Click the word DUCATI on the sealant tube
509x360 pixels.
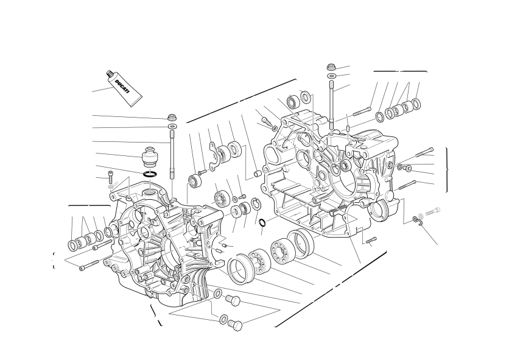(121, 86)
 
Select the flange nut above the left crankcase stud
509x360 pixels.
(172, 117)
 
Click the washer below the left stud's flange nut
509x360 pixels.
(172, 125)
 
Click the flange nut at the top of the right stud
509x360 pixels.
(331, 67)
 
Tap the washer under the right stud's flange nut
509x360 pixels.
(332, 76)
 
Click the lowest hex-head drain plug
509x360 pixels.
(236, 325)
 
